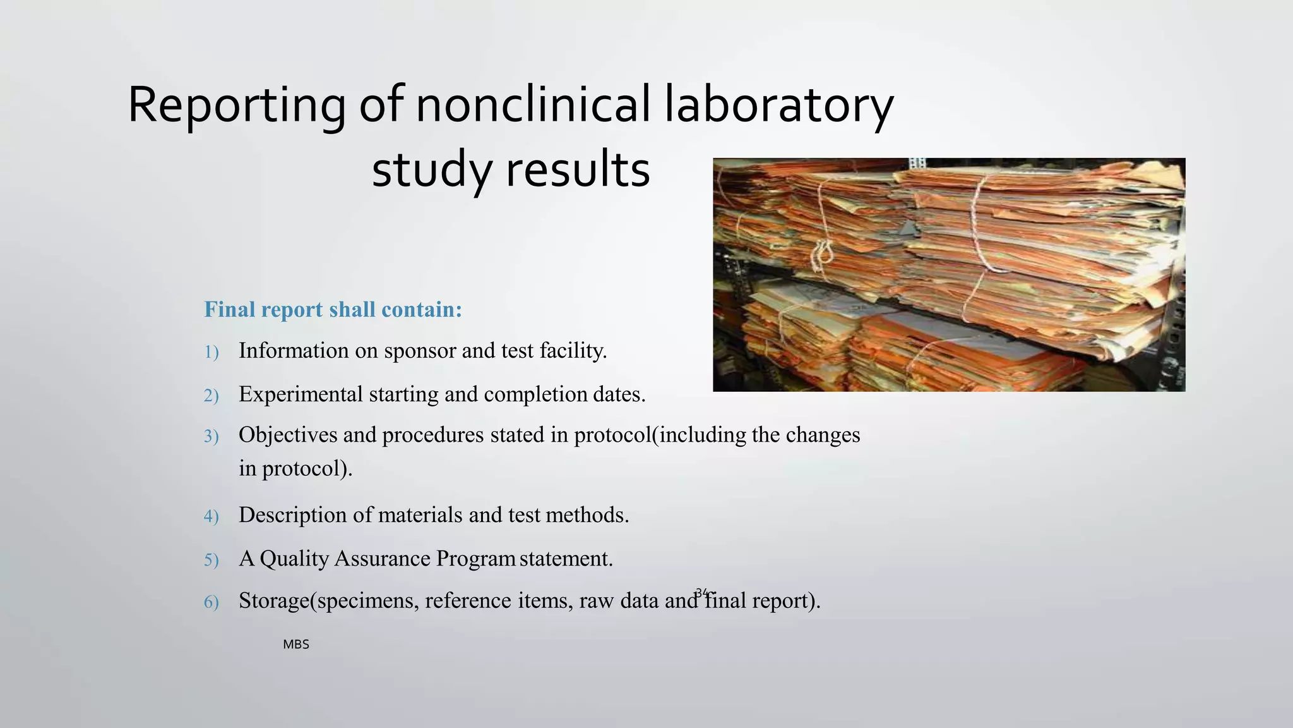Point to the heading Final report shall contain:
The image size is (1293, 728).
(x=333, y=310)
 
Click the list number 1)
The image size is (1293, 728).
(x=211, y=353)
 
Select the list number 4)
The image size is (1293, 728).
(x=211, y=517)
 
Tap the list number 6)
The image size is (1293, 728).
(x=211, y=602)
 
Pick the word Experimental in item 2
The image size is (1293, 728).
(x=301, y=394)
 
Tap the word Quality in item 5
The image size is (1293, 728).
(x=294, y=559)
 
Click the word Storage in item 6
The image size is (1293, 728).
(x=274, y=600)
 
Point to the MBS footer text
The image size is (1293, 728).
(x=296, y=645)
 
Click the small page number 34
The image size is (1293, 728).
(x=701, y=592)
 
